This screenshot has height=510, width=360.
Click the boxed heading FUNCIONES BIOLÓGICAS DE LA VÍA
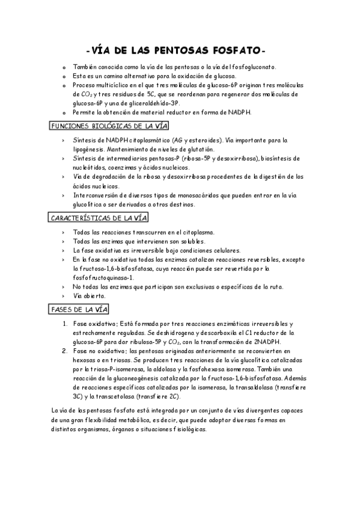(x=108, y=126)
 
